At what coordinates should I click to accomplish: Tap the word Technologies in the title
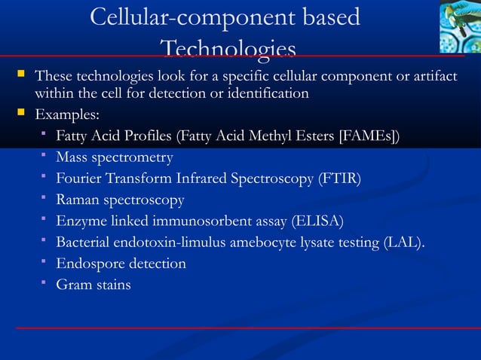tap(228, 50)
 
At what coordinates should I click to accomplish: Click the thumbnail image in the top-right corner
tap(460, 26)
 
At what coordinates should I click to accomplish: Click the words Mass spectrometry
tap(115, 157)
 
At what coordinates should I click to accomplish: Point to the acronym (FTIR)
tap(340, 178)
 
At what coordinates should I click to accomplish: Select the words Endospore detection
tap(121, 263)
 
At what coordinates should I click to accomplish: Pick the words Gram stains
tap(93, 284)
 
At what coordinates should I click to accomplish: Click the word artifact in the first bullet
tap(434, 76)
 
